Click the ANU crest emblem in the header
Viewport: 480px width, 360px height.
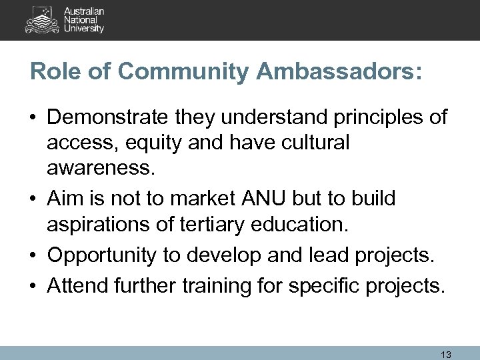[42, 19]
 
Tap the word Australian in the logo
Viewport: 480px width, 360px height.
[84, 11]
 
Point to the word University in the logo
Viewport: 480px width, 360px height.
[83, 29]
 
